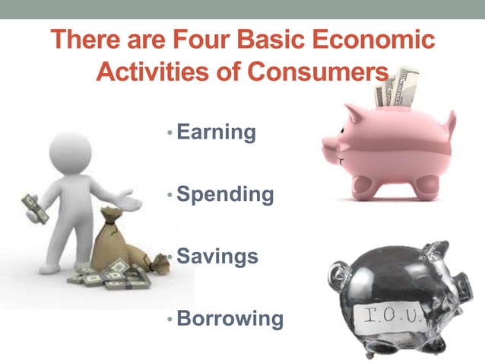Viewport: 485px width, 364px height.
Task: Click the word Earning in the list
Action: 216,133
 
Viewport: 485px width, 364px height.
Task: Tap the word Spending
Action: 225,195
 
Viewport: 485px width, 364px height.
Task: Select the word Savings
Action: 217,257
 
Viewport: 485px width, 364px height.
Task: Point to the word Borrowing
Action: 230,318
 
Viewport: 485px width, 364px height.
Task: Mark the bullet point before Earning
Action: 170,133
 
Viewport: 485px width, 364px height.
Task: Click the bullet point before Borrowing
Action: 170,319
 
